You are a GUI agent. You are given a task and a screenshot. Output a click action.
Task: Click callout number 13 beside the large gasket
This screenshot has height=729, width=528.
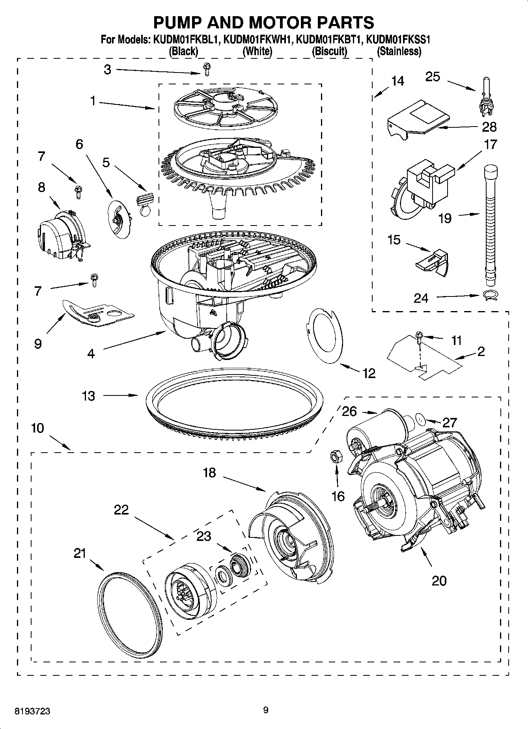89,395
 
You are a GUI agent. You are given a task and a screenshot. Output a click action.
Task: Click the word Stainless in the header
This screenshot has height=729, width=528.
399,51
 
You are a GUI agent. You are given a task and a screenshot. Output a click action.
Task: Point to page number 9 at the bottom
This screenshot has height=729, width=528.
266,710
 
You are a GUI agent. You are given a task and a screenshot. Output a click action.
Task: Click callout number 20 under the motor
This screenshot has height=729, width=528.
439,580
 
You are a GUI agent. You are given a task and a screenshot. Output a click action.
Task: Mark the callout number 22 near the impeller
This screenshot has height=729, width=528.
121,510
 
